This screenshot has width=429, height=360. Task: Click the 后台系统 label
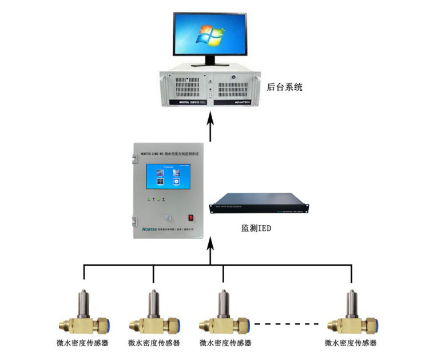point(284,87)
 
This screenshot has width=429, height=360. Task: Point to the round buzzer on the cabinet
point(168,217)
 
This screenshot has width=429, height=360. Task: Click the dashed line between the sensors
point(286,324)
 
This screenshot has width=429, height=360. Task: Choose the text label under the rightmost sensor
point(350,343)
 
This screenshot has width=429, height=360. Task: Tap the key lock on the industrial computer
point(233,74)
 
